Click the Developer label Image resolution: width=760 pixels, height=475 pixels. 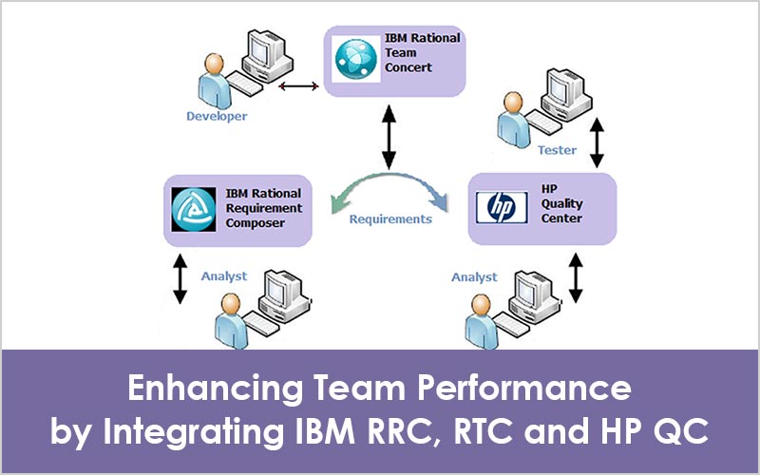pos(217,116)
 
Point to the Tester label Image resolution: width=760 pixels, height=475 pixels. pos(557,150)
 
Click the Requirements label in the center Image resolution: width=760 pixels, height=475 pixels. pos(390,219)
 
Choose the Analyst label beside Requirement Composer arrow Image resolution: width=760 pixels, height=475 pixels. pos(224,276)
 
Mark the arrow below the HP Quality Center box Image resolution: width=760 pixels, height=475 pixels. pos(576,275)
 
